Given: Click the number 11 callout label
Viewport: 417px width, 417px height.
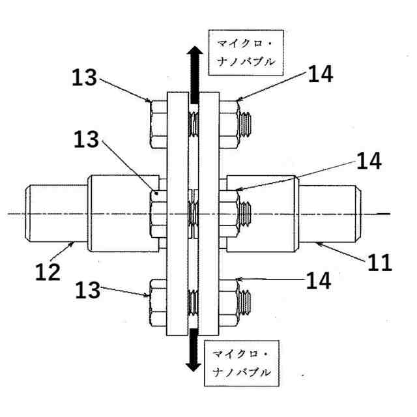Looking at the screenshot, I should [x=379, y=263].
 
